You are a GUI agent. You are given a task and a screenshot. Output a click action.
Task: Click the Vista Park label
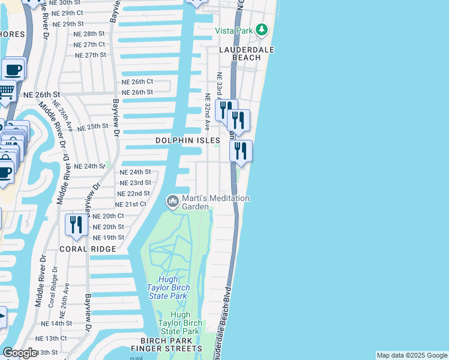click(235, 30)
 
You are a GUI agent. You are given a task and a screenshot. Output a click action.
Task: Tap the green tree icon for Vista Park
click(261, 29)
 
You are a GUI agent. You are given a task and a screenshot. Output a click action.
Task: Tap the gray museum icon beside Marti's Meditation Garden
click(173, 200)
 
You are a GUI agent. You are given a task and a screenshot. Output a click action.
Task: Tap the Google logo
click(20, 353)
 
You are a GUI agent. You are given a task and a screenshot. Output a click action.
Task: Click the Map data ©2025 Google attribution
click(411, 355)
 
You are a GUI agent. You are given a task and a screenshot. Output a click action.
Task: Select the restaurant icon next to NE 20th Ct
click(76, 224)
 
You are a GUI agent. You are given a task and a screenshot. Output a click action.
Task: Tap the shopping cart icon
click(5, 92)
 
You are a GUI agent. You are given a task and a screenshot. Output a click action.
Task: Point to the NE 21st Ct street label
click(130, 205)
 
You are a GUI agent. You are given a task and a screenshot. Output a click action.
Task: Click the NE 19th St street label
click(108, 238)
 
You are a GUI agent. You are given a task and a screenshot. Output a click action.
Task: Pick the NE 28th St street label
click(89, 34)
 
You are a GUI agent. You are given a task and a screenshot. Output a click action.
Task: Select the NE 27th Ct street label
click(89, 44)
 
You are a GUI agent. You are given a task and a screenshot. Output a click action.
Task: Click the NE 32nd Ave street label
click(207, 112)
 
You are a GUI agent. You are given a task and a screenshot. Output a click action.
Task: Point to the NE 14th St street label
click(57, 323)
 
